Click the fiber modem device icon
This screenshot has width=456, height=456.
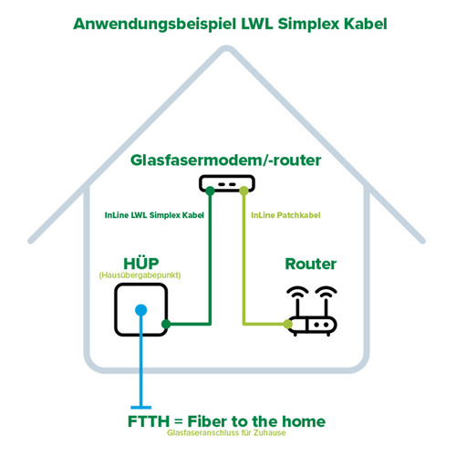click(x=228, y=185)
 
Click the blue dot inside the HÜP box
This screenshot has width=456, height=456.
click(x=140, y=310)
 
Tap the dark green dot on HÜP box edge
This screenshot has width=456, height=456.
click(x=165, y=323)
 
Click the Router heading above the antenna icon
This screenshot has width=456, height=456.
click(x=311, y=264)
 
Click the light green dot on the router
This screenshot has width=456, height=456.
click(x=289, y=324)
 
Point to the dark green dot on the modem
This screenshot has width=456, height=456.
click(x=212, y=190)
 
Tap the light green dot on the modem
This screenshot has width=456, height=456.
click(x=244, y=190)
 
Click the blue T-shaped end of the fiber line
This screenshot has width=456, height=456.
click(x=140, y=407)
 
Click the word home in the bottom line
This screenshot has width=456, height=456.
click(x=301, y=422)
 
